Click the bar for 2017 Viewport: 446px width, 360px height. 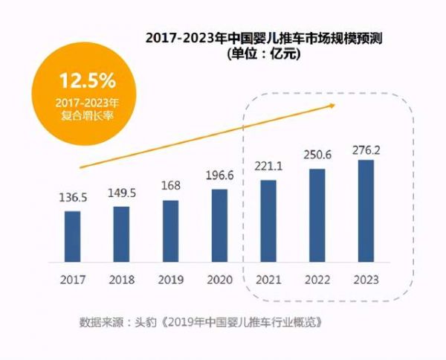(x=72, y=236)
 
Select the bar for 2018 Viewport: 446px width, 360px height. (x=121, y=234)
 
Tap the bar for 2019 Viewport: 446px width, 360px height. (x=170, y=231)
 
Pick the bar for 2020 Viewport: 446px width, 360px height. (x=219, y=225)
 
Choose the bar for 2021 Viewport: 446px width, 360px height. (x=268, y=221)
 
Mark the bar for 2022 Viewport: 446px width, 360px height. (x=317, y=215)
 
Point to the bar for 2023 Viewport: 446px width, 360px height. (x=366, y=210)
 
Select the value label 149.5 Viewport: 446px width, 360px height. (x=121, y=193)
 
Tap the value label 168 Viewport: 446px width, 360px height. (x=170, y=187)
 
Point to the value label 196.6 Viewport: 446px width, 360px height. (x=219, y=176)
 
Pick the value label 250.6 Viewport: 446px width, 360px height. (x=317, y=155)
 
